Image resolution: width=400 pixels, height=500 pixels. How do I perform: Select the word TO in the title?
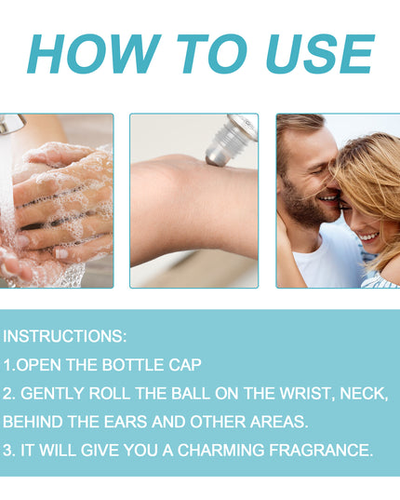coord(212,54)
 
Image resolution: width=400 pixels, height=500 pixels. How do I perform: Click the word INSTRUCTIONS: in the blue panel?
coord(64,336)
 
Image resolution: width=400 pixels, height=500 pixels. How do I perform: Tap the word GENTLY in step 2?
coord(52,393)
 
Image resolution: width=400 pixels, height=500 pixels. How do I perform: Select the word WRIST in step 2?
coord(305,393)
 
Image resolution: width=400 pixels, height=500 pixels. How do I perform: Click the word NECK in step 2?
coord(363,394)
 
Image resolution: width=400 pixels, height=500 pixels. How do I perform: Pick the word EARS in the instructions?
coord(126,422)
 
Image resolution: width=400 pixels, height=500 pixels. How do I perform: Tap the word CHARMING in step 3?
coord(220,450)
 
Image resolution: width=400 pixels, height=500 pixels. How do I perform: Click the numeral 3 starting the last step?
coord(7,450)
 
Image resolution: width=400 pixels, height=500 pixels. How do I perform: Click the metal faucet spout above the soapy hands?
coord(13,124)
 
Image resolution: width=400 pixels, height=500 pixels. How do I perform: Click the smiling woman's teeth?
coord(368,236)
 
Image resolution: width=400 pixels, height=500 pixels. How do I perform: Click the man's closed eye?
coord(318,172)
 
